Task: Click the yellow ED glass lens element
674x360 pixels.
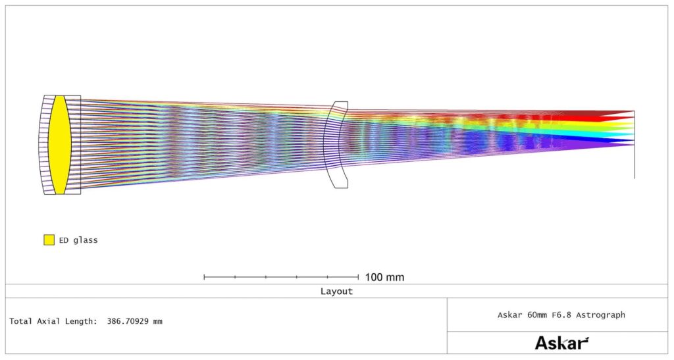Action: point(59,145)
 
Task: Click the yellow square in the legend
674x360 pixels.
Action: point(49,240)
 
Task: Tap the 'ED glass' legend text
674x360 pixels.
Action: point(78,240)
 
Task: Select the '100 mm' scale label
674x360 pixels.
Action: point(384,277)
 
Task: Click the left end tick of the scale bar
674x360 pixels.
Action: point(204,277)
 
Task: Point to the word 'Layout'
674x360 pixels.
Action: point(336,292)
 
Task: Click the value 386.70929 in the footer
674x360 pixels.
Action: point(128,321)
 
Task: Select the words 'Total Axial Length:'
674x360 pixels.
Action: point(53,321)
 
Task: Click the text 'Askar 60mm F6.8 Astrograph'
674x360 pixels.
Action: point(561,315)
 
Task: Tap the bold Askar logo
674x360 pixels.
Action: point(561,343)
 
